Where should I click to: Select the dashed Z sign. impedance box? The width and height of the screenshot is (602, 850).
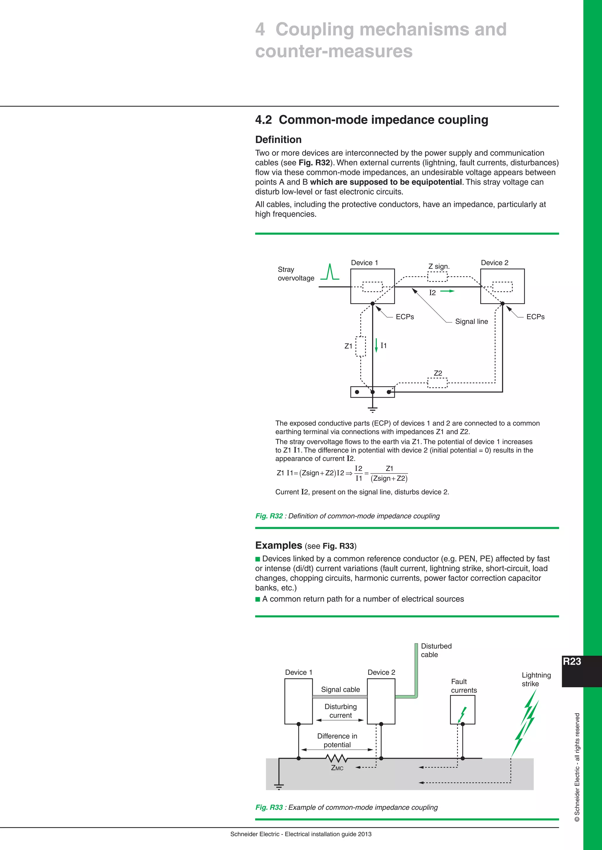click(x=437, y=277)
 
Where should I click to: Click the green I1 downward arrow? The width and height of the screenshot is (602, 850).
click(x=376, y=345)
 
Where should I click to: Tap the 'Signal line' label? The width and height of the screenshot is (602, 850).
click(x=471, y=322)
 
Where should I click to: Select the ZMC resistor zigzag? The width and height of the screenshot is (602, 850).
click(x=337, y=758)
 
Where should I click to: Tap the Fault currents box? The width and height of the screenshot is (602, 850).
click(x=462, y=710)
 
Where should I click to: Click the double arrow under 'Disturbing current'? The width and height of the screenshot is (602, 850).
click(x=340, y=720)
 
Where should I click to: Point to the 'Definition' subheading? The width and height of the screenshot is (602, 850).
click(x=278, y=140)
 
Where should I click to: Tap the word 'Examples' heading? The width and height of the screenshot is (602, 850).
click(x=278, y=545)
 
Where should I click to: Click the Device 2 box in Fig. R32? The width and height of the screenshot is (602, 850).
click(x=502, y=286)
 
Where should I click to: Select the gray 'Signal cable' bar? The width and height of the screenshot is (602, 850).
click(x=340, y=697)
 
